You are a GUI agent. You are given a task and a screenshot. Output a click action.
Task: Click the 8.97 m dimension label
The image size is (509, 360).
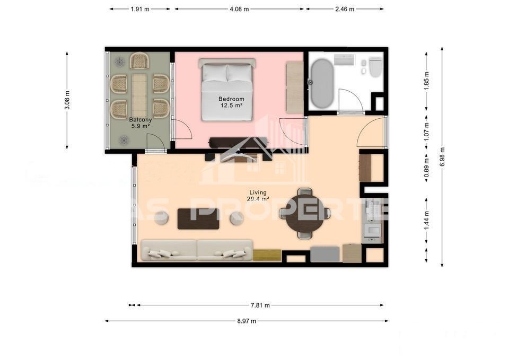[247, 321]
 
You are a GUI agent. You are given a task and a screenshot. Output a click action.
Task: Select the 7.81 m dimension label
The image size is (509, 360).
[260, 305]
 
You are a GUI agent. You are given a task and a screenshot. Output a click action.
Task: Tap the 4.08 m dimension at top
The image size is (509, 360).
[239, 9]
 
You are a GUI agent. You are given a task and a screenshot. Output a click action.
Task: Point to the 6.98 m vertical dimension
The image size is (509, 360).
[442, 157]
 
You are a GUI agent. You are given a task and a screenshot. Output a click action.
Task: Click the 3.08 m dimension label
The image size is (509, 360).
[67, 100]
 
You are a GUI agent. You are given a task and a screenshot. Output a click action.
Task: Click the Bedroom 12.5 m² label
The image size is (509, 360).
[232, 102]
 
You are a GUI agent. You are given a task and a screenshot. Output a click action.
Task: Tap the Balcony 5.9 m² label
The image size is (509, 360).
[140, 123]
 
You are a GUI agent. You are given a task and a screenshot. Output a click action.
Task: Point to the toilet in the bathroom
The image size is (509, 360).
[375, 67]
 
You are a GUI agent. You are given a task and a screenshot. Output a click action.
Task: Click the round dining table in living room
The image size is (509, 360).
[304, 213]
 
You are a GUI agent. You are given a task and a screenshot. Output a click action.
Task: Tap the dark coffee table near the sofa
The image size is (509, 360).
[198, 218]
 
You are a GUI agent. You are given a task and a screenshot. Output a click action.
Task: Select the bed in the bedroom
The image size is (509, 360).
[227, 90]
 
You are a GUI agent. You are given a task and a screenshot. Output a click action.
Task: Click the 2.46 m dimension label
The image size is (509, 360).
[345, 9]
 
